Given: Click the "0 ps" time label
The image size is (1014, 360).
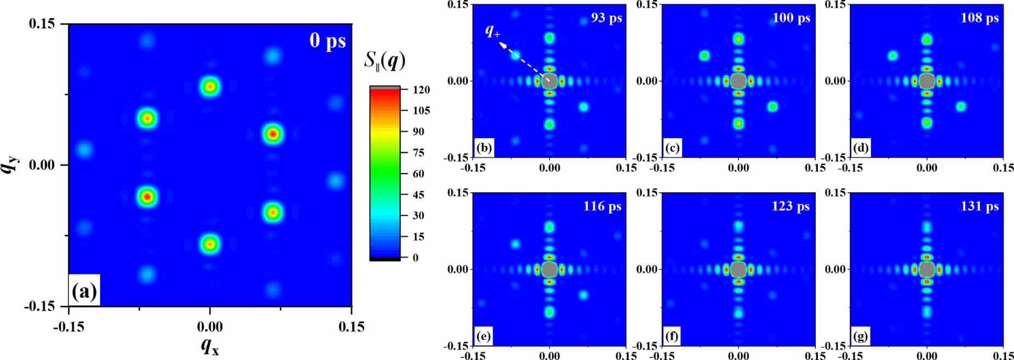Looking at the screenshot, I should click(328, 41).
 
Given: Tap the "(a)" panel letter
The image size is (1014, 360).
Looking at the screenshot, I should click(84, 291).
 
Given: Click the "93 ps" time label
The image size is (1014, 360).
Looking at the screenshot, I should click(606, 18).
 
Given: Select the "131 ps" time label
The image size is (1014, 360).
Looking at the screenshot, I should click(979, 207).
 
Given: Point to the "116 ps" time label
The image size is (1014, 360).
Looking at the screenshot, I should click(602, 207).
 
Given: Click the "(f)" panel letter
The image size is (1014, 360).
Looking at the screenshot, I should click(672, 336).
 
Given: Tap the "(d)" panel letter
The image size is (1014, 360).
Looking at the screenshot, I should click(860, 147).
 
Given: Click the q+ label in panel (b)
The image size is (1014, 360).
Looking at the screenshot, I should click(492, 31).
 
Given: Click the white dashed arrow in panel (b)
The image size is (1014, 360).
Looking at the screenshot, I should click(523, 61).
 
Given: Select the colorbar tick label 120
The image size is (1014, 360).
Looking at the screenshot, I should click(421, 90).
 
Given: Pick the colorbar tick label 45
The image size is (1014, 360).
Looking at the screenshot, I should click(418, 195).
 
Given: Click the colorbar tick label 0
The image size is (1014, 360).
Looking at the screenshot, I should click(415, 258).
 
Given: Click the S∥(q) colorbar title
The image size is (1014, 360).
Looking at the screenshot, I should click(385, 60).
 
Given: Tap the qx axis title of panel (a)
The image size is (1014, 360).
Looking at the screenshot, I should click(210, 346).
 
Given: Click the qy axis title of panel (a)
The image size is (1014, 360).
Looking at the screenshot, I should click(11, 164).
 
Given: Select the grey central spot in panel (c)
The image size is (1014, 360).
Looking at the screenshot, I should click(738, 81).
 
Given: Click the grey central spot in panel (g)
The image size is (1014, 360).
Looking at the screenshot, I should click(926, 270).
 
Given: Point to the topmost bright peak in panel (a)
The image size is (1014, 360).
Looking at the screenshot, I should click(210, 86).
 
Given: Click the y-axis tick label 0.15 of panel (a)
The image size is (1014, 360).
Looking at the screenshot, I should click(42, 24).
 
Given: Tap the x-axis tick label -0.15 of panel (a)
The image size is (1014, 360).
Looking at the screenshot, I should click(68, 327).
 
